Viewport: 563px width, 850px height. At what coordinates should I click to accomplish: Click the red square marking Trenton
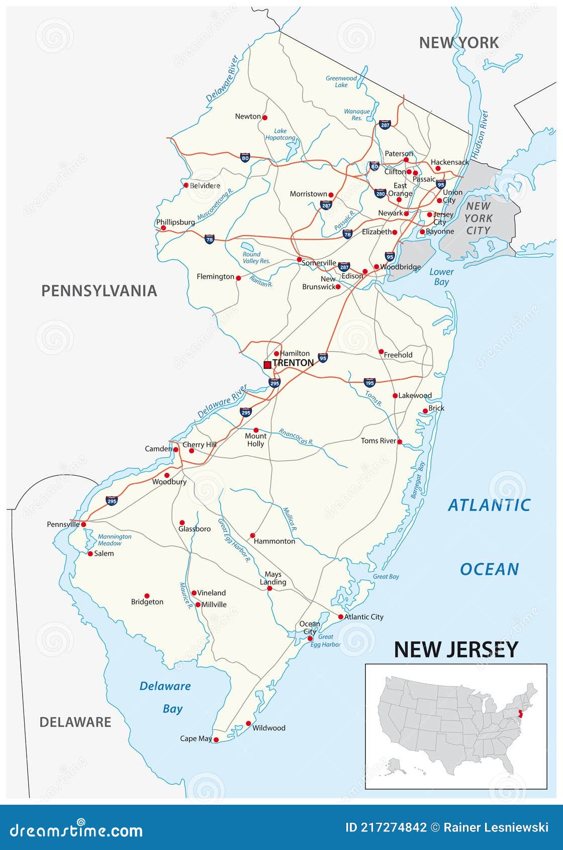[x=267, y=365]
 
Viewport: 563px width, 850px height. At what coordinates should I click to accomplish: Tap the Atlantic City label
[x=363, y=617]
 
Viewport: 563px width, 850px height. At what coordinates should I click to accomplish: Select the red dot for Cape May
[x=216, y=739]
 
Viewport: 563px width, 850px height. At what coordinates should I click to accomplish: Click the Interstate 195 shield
[x=369, y=382]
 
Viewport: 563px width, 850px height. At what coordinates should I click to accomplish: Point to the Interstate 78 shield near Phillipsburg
[x=210, y=239]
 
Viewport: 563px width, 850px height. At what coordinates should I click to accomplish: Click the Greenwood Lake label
[x=341, y=81]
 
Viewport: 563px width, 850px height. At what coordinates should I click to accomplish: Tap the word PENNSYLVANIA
[x=99, y=291]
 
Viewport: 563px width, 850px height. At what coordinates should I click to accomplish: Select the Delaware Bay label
[x=166, y=697]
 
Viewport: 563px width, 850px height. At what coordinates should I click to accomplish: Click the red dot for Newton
[x=265, y=118]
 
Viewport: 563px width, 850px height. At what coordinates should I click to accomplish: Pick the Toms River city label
[x=379, y=441]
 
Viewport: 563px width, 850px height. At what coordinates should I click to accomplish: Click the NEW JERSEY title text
[x=455, y=649]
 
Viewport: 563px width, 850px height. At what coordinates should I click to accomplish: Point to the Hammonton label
[x=274, y=541]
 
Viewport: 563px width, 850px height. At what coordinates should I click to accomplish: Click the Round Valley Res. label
[x=256, y=258]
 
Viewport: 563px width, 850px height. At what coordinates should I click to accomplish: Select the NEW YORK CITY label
[x=478, y=218]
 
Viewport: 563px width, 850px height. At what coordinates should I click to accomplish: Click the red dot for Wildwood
[x=248, y=723]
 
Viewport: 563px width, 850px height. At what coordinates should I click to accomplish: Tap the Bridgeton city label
[x=147, y=602]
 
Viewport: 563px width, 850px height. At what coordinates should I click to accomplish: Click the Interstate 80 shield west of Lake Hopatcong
[x=245, y=158]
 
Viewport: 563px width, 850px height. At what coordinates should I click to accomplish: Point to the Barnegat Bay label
[x=418, y=480]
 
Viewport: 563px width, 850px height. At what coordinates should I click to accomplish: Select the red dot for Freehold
[x=381, y=352]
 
